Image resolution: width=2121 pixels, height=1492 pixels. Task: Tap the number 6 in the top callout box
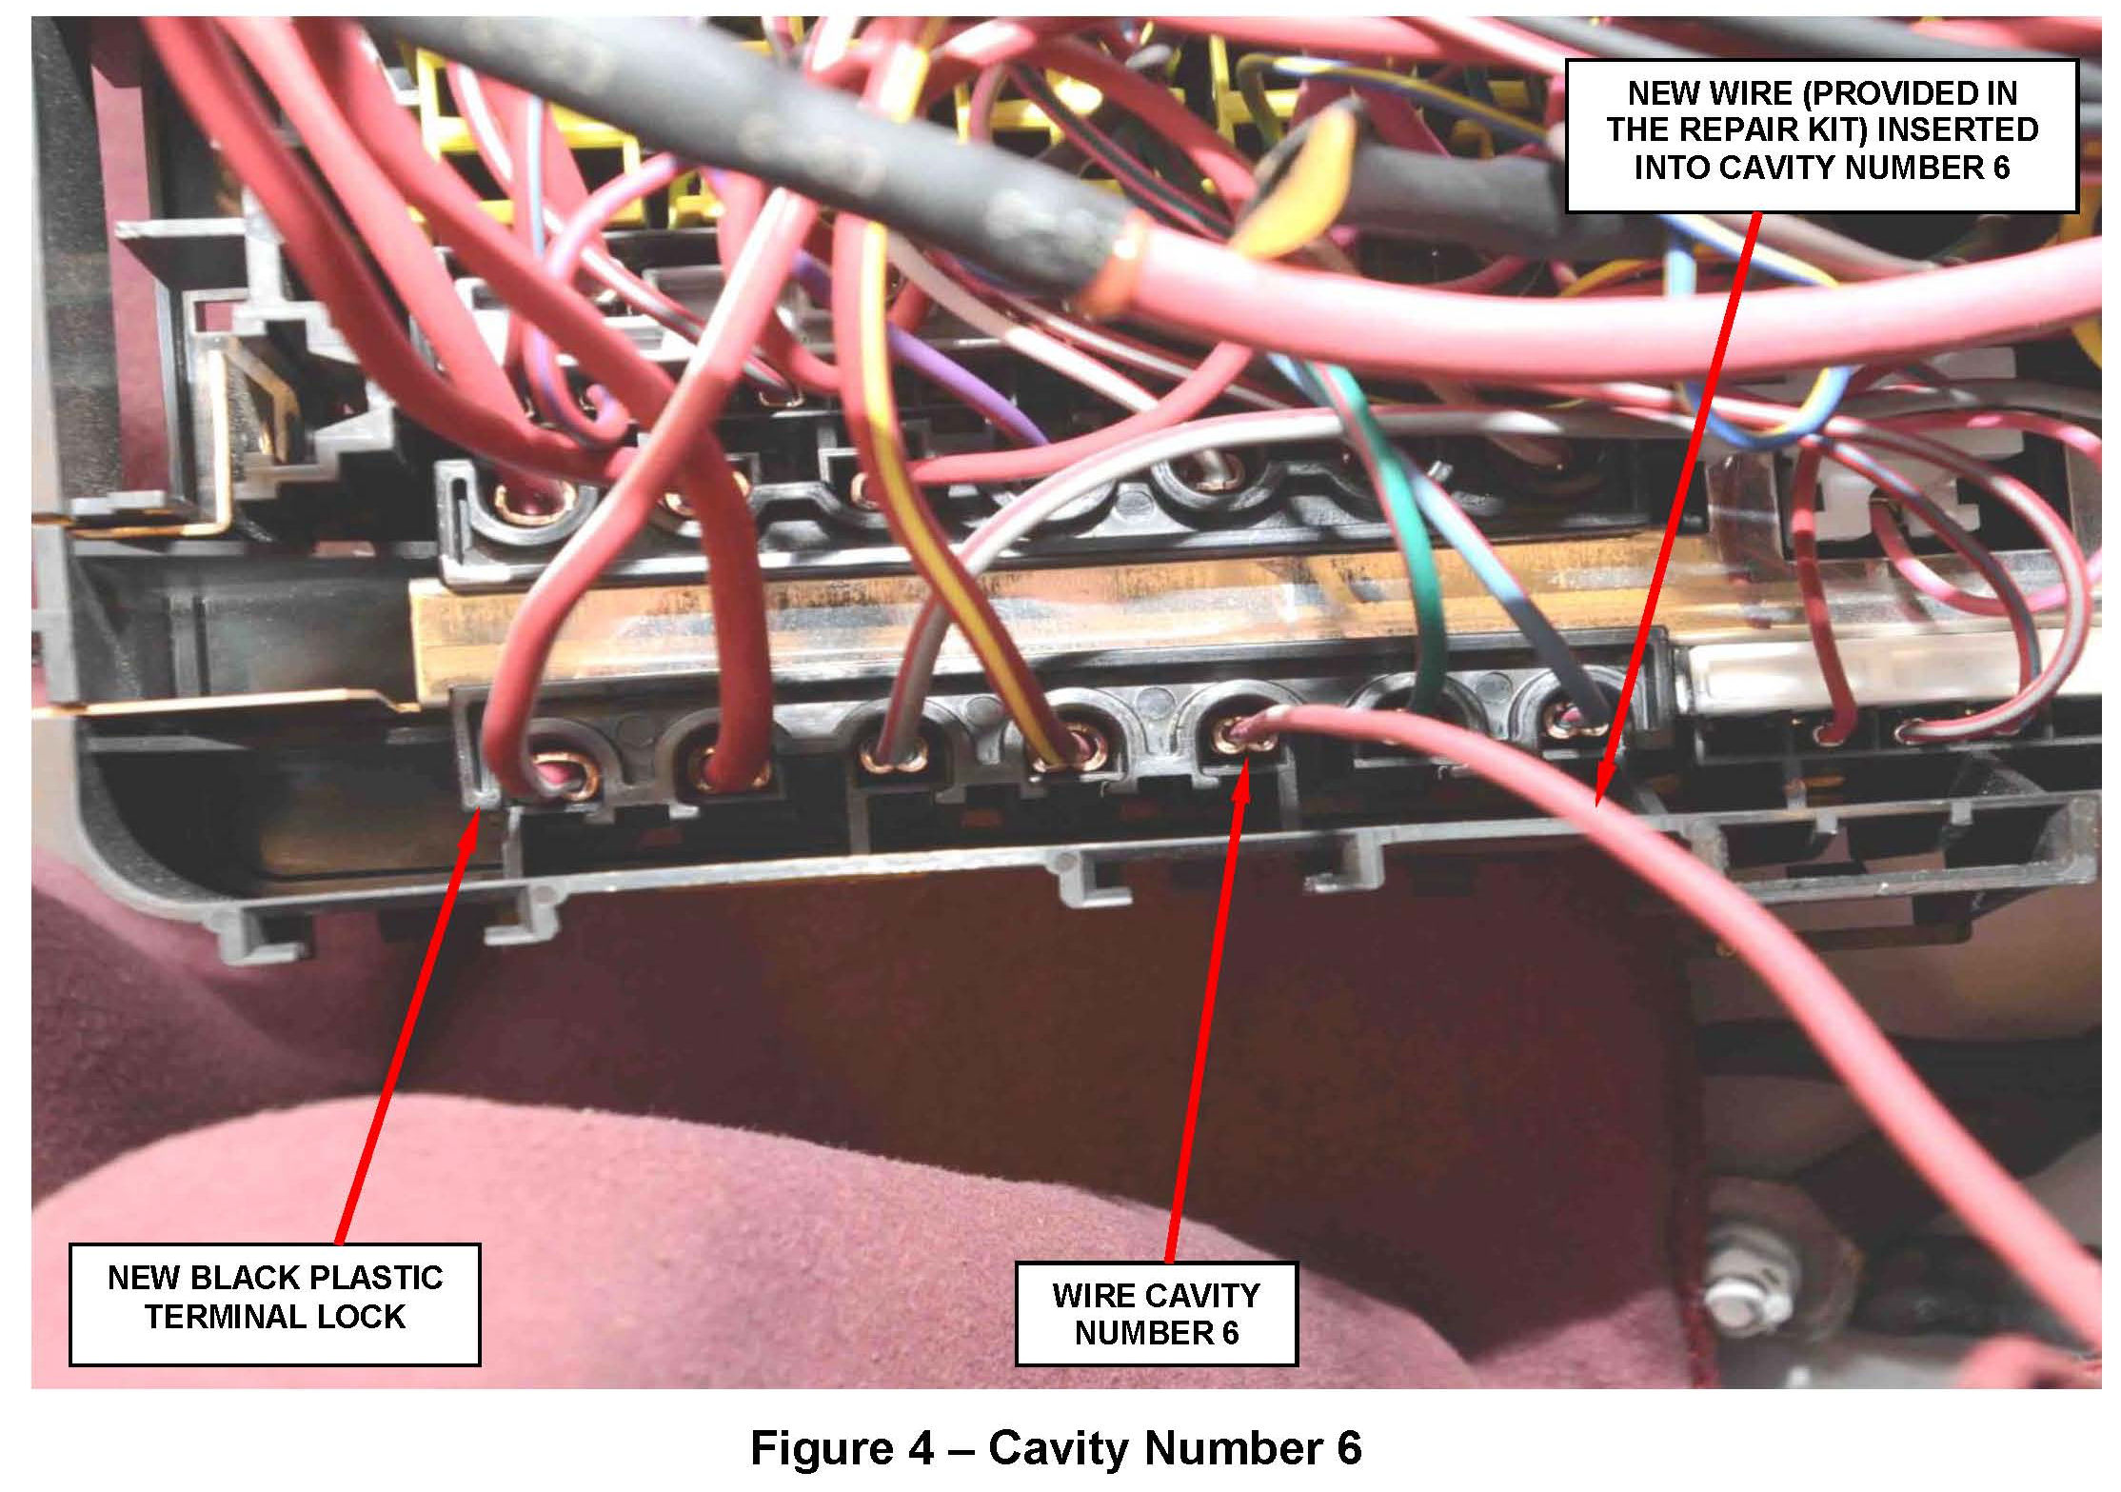pyautogui.click(x=1996, y=168)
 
